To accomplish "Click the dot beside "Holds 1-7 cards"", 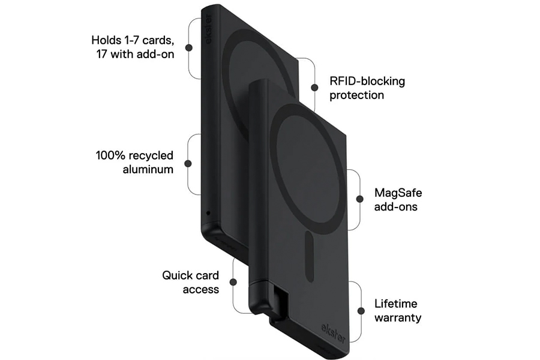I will [189, 47].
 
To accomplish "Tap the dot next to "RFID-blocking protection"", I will [313, 86].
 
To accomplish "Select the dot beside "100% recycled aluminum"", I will [188, 163].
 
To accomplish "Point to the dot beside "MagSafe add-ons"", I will [359, 199].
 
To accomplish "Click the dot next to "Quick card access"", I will [235, 283].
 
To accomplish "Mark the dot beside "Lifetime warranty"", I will [361, 310].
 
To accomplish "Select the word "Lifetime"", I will [395, 304].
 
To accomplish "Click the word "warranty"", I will [398, 317].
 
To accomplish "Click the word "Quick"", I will [176, 275].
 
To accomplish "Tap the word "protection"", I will [357, 95].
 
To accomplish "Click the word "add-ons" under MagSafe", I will [395, 207].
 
